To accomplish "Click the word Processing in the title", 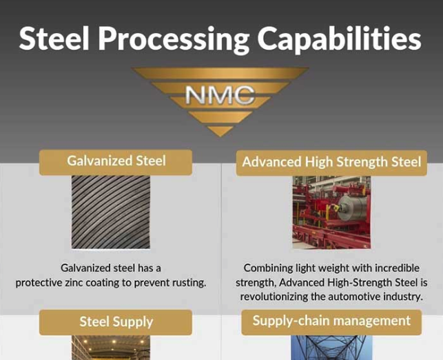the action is [174, 39].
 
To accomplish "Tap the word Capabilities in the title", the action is [339, 39].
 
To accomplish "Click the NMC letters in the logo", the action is [220, 94].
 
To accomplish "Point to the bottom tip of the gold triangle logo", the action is [220, 137].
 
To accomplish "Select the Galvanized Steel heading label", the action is [116, 162].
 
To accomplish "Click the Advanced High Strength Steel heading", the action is [331, 163].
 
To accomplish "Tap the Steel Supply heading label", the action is [116, 322].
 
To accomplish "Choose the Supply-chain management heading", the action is [331, 322].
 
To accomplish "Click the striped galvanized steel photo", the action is [111, 212].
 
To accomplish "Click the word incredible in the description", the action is [397, 268].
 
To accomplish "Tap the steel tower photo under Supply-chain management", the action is [331, 348].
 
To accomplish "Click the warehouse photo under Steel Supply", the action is [111, 348].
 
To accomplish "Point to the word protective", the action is [39, 283].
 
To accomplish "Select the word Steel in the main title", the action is [54, 39].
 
